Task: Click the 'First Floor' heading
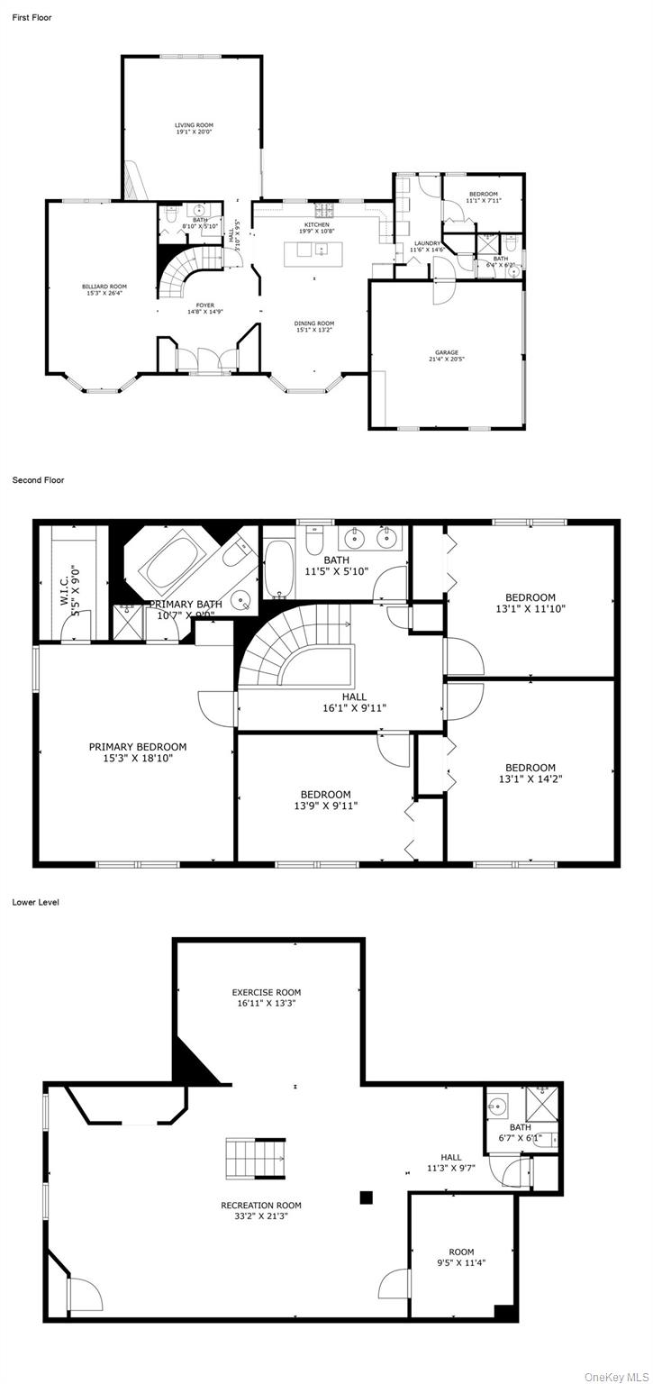[32, 17]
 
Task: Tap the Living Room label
[194, 125]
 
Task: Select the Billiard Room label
[99, 287]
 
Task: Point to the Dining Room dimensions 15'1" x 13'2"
[314, 330]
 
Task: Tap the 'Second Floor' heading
[38, 480]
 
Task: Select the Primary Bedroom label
[138, 747]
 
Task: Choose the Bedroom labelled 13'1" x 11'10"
[531, 597]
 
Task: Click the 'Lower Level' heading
[36, 902]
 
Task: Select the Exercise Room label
[267, 993]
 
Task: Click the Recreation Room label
[261, 1206]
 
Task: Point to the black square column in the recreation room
[367, 1197]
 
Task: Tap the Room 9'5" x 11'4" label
[461, 1252]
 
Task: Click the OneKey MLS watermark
[616, 1376]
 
